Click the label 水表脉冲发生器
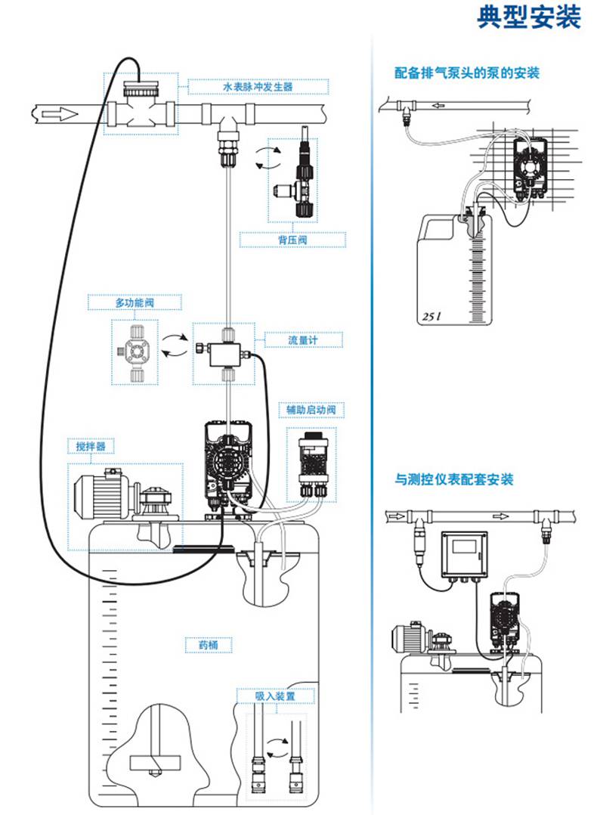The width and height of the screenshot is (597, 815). pos(258,87)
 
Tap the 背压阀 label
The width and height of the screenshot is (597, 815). pos(293,240)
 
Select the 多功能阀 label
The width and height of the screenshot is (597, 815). pos(134,302)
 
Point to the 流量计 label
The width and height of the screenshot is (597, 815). pos(302,340)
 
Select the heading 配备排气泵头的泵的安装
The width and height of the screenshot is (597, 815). pos(467,73)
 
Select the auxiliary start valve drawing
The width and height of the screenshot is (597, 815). pos(311,463)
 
